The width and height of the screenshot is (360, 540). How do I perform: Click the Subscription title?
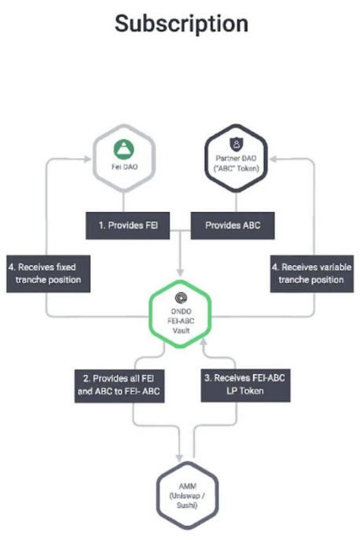click(x=182, y=24)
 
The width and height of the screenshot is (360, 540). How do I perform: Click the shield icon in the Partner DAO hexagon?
click(x=236, y=144)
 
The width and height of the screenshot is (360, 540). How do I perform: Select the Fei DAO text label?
click(x=124, y=167)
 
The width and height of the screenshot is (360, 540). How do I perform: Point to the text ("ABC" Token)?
click(x=237, y=168)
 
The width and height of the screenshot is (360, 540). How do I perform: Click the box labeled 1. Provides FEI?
click(x=127, y=226)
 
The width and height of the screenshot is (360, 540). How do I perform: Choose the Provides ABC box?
click(x=233, y=226)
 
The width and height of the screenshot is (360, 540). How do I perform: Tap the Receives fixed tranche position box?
click(x=48, y=274)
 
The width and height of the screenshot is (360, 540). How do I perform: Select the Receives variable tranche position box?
click(x=312, y=274)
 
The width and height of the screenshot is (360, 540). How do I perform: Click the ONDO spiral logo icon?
click(x=181, y=298)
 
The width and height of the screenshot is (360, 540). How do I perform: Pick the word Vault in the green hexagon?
click(x=181, y=331)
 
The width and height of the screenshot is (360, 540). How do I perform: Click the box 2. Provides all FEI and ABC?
click(x=119, y=386)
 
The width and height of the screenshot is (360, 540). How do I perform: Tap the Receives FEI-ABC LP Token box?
click(x=245, y=385)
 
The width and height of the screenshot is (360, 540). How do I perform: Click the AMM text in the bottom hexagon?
click(x=188, y=487)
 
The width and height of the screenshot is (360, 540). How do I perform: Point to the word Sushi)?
click(x=187, y=505)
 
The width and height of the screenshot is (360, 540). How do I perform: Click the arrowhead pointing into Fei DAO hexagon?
click(x=87, y=159)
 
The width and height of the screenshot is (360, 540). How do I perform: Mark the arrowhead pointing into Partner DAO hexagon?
click(x=273, y=159)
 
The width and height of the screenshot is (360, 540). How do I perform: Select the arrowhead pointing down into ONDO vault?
click(x=180, y=273)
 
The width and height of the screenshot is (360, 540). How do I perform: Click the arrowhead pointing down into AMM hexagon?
click(x=179, y=457)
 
